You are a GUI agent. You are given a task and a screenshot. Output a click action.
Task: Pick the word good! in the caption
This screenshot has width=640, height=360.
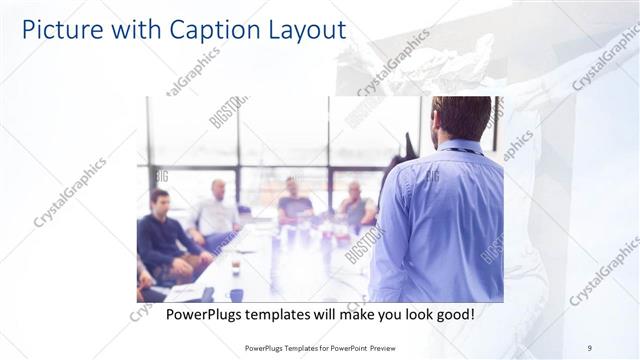(x=454, y=314)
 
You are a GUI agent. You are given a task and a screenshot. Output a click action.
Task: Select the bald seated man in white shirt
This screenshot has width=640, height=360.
(x=216, y=212)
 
